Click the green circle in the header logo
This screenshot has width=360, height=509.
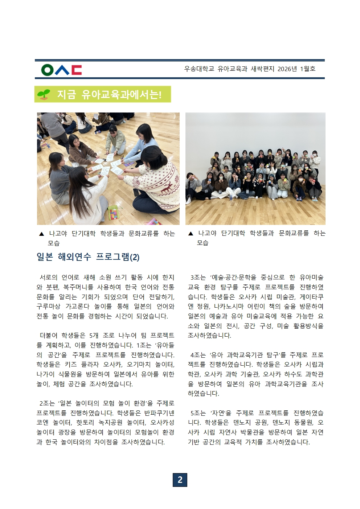tap(47, 70)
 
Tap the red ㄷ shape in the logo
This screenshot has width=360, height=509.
tap(77, 70)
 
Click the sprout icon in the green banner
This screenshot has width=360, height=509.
tap(44, 94)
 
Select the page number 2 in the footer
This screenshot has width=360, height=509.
tap(180, 480)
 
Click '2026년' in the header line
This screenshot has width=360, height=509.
tap(287, 69)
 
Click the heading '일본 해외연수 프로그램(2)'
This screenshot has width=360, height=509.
tap(88, 257)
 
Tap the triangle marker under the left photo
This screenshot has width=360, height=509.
tap(41, 234)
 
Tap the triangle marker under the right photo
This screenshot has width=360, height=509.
tap(191, 234)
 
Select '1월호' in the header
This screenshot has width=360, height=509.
tap(308, 69)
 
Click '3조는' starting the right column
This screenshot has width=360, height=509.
tap(198, 278)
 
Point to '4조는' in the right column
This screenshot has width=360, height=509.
tap(198, 355)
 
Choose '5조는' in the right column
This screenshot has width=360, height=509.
tap(198, 413)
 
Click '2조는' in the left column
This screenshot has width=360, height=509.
tap(47, 403)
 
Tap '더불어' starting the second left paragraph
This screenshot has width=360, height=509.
tap(48, 336)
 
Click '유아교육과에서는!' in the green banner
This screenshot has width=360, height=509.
tap(121, 95)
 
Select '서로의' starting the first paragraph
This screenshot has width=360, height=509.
tap(48, 278)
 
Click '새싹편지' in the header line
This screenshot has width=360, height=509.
tap(262, 69)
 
